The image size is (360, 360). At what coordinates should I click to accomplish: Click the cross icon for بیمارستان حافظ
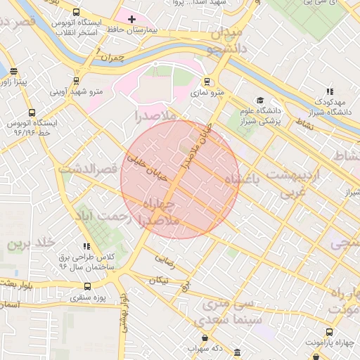tap(131, 18)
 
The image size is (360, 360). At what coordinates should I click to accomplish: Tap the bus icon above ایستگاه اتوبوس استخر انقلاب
tap(76, 13)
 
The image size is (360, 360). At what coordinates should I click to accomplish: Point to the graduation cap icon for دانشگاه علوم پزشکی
tap(261, 101)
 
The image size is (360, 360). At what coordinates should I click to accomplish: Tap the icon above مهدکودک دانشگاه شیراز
tap(329, 91)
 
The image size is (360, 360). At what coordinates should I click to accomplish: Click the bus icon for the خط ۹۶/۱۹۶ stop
tap(31, 112)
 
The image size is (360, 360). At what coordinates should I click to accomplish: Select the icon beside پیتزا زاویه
tap(14, 71)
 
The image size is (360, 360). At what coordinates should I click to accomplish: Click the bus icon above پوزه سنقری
tap(87, 286)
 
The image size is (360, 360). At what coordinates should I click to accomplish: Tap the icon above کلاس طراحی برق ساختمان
tap(86, 246)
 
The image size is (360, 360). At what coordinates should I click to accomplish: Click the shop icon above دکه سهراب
tap(194, 337)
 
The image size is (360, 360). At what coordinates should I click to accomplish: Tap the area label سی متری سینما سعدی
tap(232, 312)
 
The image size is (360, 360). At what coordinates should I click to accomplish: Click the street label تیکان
tap(158, 280)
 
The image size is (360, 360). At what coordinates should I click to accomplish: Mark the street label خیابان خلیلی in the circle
tap(149, 169)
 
